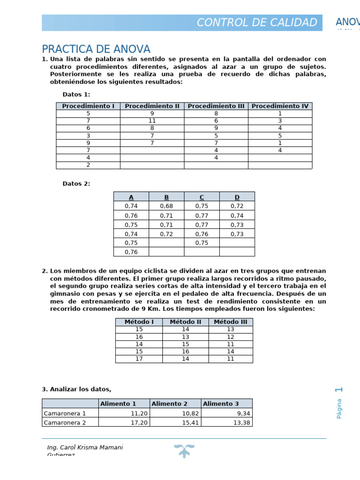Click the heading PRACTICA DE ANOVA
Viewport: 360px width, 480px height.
96,49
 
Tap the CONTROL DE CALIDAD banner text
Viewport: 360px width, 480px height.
256,22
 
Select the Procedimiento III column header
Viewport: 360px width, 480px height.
216,106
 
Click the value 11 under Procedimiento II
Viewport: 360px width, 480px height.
152,120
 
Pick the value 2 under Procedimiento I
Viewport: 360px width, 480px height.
88,165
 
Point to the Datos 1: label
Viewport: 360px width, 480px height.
76,94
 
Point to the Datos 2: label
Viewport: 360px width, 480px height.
76,184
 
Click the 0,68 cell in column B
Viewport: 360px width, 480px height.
166,206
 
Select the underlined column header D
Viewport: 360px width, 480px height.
237,197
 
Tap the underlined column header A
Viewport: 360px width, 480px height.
131,197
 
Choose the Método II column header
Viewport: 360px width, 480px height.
186,322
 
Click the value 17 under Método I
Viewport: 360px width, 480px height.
139,359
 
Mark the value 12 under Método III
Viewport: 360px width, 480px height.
230,337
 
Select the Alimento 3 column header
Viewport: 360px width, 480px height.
221,404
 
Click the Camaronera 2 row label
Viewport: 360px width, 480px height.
65,422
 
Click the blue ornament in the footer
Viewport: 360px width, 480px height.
184,450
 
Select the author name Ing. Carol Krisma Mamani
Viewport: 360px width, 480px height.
85,447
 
